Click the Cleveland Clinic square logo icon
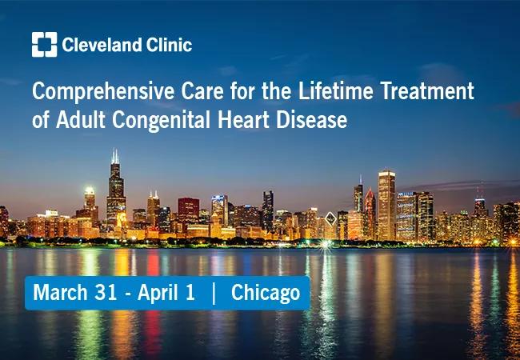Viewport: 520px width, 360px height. (x=45, y=45)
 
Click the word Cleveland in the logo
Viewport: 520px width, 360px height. (x=102, y=45)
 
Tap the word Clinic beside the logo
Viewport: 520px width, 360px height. (x=170, y=45)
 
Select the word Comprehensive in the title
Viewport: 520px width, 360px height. (x=103, y=91)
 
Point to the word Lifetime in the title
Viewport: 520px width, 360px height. (x=336, y=90)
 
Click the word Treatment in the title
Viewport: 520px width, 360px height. (x=427, y=90)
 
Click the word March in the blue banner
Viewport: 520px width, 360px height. (x=61, y=292)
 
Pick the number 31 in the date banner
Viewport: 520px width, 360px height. (x=106, y=292)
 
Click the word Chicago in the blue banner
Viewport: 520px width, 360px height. (x=266, y=294)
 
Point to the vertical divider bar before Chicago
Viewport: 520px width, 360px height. (x=214, y=293)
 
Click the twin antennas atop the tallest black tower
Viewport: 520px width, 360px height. (x=115, y=157)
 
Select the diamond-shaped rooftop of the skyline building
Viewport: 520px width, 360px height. (x=330, y=218)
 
